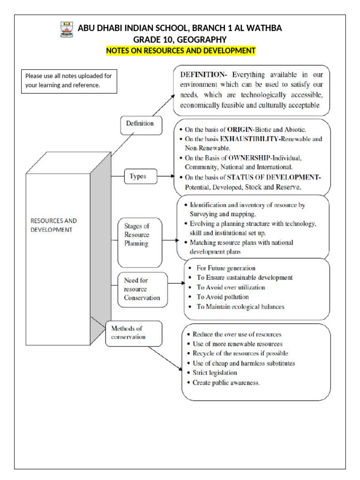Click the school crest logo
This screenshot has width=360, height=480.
point(67,30)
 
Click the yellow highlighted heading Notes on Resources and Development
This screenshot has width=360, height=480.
point(180,51)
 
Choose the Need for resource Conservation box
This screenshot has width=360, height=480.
point(142,289)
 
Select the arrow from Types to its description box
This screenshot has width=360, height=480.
point(164,177)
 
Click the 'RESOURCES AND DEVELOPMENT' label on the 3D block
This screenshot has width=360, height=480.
point(53,225)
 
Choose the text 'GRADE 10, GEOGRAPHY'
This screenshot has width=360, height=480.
point(180,39)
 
